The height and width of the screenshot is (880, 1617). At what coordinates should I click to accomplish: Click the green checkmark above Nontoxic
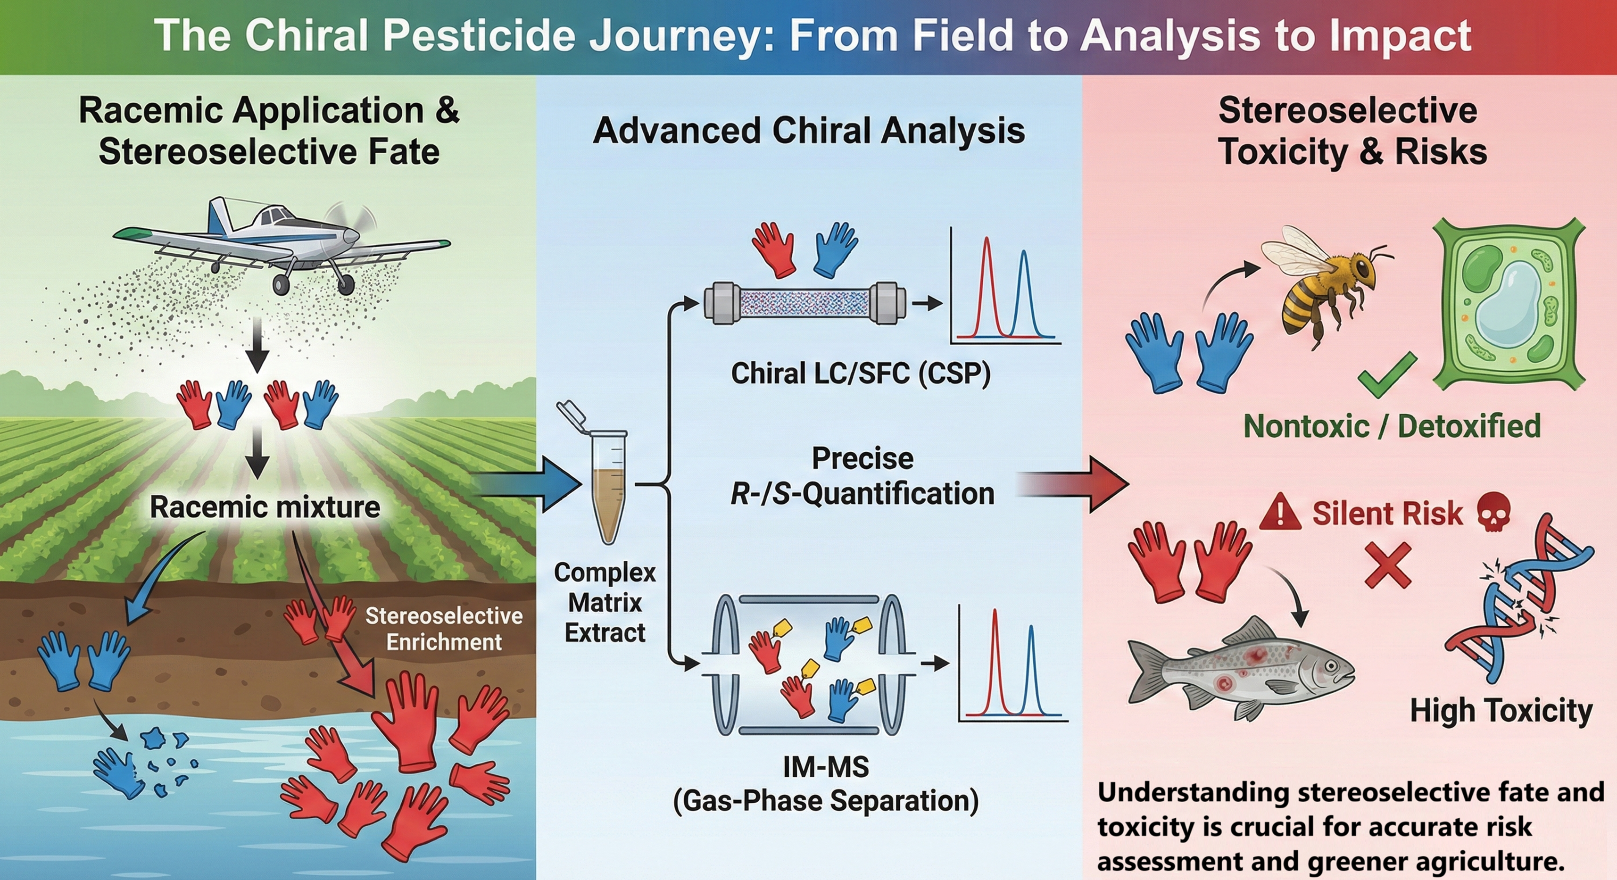pos(1387,375)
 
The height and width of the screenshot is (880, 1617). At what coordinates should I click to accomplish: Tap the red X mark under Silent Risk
pos(1388,565)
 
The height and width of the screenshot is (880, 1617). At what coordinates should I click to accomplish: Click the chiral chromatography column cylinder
pos(805,303)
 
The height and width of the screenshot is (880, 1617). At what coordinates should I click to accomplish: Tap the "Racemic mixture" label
pos(265,507)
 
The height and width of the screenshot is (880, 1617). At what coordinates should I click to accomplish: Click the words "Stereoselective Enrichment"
pos(444,629)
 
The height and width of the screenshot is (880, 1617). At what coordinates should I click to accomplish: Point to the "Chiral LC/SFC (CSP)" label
pos(861,374)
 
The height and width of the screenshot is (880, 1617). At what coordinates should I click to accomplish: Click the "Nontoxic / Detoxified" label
pos(1392,426)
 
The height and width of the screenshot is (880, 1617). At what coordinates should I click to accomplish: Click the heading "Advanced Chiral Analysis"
pos(808,131)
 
